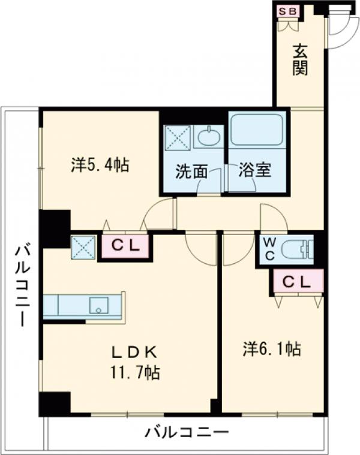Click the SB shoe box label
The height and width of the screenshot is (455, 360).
pos(286,11)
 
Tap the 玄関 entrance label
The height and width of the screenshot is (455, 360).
pos(300,59)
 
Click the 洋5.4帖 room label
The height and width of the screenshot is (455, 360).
pos(100,165)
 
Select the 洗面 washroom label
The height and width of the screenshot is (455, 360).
pos(191,171)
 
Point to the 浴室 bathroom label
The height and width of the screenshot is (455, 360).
pos(255,170)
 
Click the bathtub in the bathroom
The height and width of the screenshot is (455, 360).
pos(257,129)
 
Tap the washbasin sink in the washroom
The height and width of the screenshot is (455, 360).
pos(208,137)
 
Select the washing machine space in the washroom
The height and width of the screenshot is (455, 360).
pos(178,137)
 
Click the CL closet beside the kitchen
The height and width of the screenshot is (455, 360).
pos(126,245)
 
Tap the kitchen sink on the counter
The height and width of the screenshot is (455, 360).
pos(97,306)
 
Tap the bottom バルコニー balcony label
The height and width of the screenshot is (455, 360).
pos(187,432)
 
